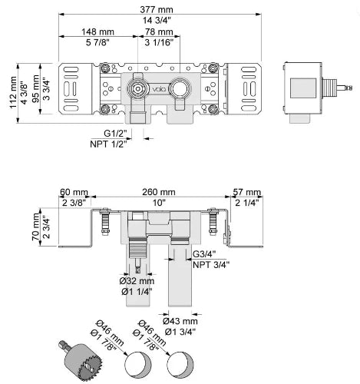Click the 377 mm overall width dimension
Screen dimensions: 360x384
tap(157, 10)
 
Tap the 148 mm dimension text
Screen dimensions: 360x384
tap(97, 32)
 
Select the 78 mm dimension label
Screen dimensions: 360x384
tap(159, 32)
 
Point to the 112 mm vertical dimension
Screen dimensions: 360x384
tap(13, 93)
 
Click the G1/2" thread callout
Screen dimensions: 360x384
tap(115, 134)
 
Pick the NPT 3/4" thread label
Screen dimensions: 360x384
tap(211, 265)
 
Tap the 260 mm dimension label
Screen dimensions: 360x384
tap(159, 192)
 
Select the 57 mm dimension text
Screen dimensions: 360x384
tap(247, 192)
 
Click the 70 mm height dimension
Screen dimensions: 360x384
tap(35, 227)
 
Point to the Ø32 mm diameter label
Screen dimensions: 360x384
tap(137, 281)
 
